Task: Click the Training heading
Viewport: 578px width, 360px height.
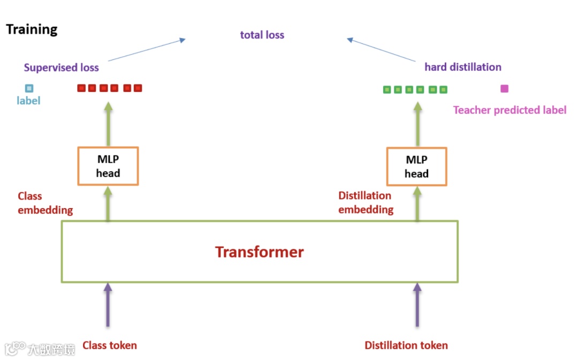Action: (32, 29)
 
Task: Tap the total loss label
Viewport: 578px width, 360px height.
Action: (262, 35)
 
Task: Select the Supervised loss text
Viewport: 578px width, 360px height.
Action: (62, 67)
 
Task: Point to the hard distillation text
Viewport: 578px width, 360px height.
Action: (463, 67)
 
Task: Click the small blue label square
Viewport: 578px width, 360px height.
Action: (29, 88)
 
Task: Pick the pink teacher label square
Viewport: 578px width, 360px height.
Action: (504, 89)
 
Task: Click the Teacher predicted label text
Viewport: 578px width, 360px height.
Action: (509, 110)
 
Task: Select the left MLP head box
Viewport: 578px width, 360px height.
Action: (108, 166)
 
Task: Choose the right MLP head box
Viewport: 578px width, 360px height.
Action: (416, 166)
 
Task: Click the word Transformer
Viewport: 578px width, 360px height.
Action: (260, 252)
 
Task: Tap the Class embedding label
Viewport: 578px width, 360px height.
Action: (45, 203)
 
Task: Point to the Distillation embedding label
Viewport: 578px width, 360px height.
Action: (366, 203)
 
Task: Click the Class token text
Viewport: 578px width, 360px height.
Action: (110, 346)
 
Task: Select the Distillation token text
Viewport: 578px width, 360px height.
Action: (406, 346)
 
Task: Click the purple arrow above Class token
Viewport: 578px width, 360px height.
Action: (108, 305)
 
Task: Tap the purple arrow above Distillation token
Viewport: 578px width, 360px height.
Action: (417, 305)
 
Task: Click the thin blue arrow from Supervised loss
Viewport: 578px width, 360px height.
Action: (147, 49)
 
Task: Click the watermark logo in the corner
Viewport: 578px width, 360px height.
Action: (15, 349)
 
